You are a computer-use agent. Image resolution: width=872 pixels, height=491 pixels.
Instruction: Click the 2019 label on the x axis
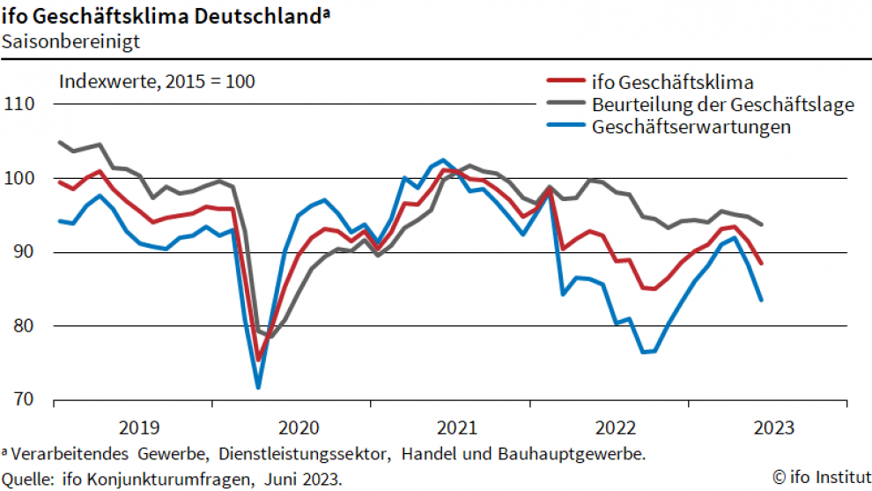[139, 428]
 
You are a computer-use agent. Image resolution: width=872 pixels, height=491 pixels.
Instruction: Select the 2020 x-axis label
[299, 428]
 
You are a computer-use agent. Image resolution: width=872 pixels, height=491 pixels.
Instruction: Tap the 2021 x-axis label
[457, 428]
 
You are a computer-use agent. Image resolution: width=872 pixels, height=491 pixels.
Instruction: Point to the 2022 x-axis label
[616, 428]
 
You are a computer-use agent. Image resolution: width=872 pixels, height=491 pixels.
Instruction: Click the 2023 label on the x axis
[773, 428]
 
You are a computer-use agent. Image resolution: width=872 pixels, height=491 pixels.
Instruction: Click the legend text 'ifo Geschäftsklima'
[673, 83]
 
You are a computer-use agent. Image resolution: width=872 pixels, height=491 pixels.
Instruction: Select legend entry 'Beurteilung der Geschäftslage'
[723, 105]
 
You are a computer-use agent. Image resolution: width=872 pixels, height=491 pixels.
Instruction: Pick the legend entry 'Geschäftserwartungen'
[691, 126]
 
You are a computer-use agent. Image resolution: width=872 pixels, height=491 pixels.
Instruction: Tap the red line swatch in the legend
[565, 83]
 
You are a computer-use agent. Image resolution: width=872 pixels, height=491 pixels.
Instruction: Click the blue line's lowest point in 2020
[258, 387]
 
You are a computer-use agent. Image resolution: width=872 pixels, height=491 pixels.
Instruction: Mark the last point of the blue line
[761, 300]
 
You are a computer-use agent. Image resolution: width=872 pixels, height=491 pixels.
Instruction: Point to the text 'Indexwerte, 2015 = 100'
[157, 82]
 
